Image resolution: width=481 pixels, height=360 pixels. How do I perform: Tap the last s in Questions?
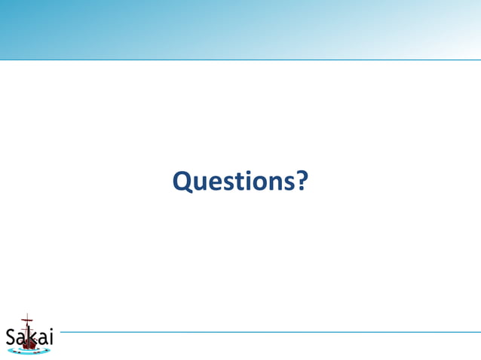point(284,183)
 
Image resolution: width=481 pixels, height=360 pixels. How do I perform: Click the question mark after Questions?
point(299,181)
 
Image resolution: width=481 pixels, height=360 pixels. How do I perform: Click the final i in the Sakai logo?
point(51,337)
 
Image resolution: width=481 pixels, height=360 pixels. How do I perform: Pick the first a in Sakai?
point(20,340)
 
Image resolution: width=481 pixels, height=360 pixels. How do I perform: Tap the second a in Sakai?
point(41,340)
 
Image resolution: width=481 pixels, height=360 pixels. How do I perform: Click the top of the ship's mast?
point(28,315)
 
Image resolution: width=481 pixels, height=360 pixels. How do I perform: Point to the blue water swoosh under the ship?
point(30,352)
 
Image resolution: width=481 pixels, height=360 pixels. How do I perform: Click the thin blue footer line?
point(264,331)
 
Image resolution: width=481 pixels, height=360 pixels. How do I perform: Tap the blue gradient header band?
point(240,29)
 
